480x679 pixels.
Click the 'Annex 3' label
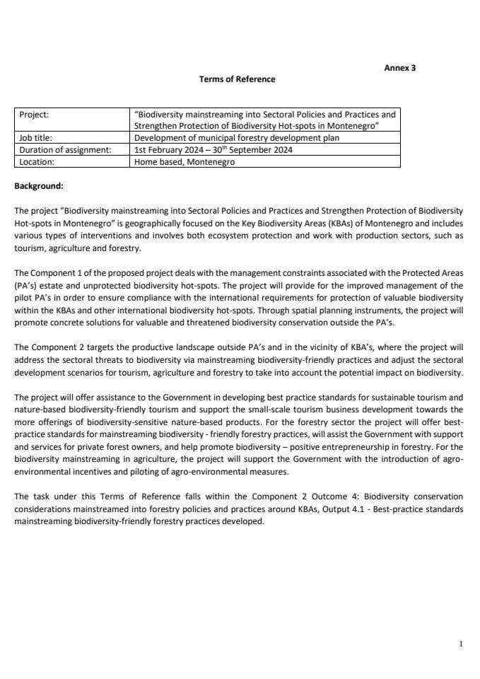tap(399, 68)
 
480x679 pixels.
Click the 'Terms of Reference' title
tap(237, 79)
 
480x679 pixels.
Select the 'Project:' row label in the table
tap(34, 114)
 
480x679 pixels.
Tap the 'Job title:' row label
tap(35, 138)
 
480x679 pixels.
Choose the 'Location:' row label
tap(37, 161)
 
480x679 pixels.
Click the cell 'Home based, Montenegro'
tap(185, 161)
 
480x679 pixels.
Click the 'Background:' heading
tap(39, 187)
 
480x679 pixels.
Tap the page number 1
tap(461, 644)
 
